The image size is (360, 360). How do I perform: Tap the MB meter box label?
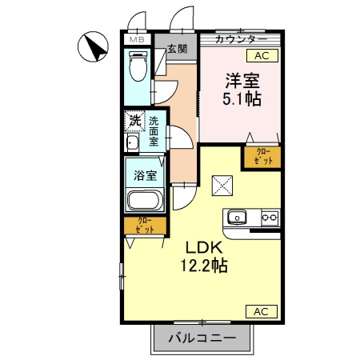click(137, 38)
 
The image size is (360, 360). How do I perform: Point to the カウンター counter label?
click(241, 38)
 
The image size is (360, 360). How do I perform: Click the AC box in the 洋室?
click(262, 55)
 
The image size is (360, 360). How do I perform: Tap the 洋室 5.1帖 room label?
click(240, 90)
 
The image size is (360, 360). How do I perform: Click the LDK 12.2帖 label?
click(205, 256)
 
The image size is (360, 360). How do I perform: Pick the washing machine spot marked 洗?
click(134, 122)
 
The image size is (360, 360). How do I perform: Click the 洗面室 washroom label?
click(154, 130)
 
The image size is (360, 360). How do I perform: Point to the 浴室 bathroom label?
click(145, 174)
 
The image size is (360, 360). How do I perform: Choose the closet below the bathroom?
click(145, 226)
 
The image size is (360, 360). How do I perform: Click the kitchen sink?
click(238, 217)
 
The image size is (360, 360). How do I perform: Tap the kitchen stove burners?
click(268, 217)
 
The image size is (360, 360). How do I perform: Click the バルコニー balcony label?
click(202, 338)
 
